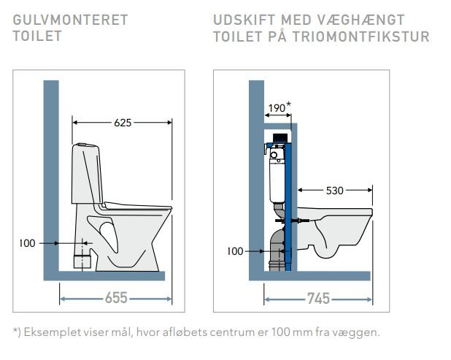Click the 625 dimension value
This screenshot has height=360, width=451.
pos(123,123)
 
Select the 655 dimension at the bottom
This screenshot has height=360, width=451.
pos(115,298)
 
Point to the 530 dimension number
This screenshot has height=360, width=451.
pos(334,191)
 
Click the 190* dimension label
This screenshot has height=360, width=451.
pos(278,107)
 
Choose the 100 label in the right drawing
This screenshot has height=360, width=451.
pos(235,251)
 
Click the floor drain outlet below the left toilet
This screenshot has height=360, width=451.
pos(84,258)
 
